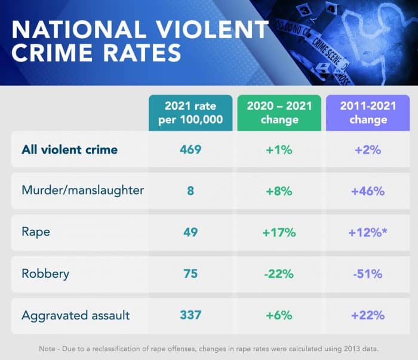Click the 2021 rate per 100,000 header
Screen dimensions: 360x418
190,112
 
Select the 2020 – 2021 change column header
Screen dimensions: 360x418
279,112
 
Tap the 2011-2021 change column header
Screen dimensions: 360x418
368,112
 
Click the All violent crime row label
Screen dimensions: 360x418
70,149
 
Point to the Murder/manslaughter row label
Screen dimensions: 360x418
82,191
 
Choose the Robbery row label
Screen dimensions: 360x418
45,274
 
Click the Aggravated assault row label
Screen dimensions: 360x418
75,315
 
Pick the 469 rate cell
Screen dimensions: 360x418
190,149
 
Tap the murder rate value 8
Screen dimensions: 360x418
190,191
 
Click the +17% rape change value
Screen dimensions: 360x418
279,232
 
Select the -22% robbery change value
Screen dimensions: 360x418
279,274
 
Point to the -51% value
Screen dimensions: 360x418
368,274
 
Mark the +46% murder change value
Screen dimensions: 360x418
368,191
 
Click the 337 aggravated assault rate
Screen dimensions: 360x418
190,315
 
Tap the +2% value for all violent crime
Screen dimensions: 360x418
368,149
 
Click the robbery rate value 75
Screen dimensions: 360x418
190,274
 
